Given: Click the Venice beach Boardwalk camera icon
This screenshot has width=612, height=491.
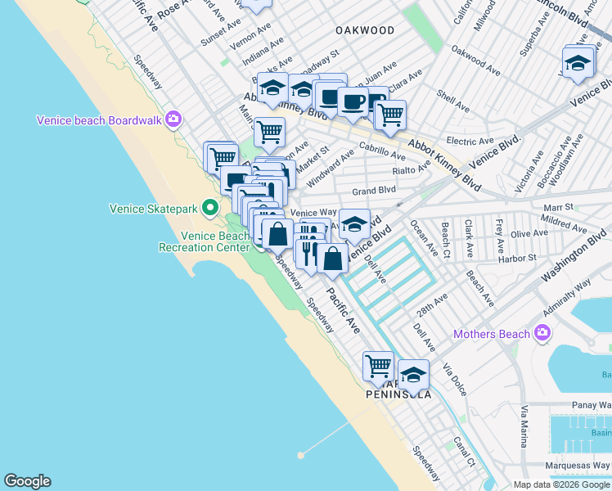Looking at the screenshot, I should point(173,120).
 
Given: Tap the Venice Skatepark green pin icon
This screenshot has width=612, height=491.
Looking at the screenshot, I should point(209,208).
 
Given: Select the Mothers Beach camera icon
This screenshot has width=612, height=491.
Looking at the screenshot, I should point(541,332).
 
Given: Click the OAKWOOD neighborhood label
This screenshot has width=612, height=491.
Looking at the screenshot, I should point(365,30).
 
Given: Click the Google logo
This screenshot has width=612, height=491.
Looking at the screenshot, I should point(27,481).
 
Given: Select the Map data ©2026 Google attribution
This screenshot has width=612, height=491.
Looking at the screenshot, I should point(561,484).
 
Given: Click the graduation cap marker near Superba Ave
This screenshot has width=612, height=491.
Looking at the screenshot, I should point(578,64).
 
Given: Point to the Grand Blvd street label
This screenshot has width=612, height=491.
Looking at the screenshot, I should point(373,191).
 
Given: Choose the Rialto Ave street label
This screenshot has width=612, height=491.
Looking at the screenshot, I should point(411,170).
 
